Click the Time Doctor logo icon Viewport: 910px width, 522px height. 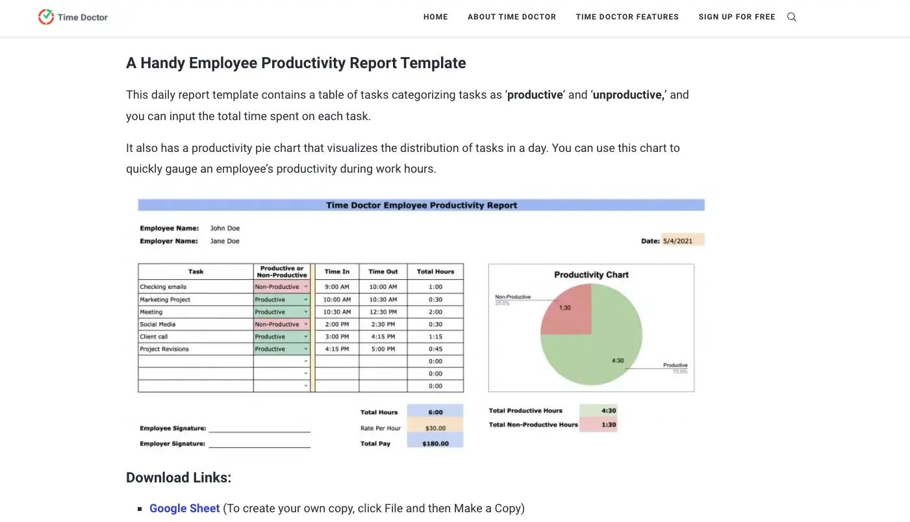point(46,17)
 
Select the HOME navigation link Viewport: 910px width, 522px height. point(435,17)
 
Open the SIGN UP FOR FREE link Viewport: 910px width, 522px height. point(737,17)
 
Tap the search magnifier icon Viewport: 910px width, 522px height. point(791,17)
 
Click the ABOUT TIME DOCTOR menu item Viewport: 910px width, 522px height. point(511,17)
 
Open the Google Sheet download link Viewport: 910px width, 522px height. point(184,508)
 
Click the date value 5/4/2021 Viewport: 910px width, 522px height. point(677,241)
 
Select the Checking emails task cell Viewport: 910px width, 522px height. point(164,287)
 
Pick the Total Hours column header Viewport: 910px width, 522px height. point(435,271)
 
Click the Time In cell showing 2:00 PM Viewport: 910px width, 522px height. point(336,324)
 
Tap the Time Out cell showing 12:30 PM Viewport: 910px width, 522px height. point(383,312)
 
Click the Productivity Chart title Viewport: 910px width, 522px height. point(591,275)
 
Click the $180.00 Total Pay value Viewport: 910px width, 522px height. point(435,443)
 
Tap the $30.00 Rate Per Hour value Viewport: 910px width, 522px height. point(435,428)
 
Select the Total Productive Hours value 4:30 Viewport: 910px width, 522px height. point(609,410)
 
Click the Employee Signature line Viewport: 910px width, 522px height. point(259,430)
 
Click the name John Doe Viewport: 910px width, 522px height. point(225,229)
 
